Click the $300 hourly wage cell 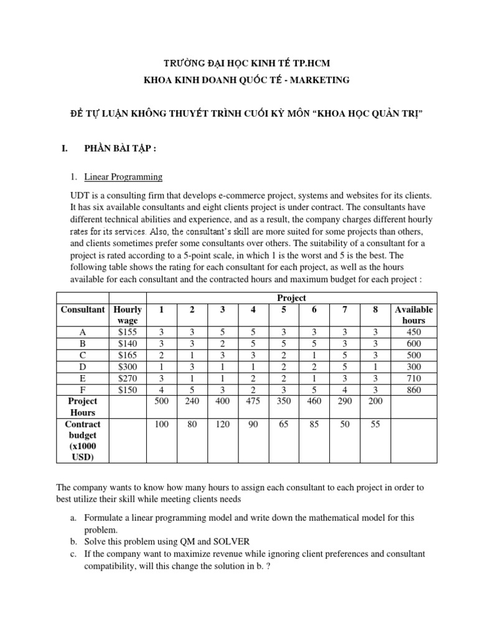click(x=127, y=366)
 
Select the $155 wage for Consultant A click(x=127, y=333)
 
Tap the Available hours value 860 click(x=413, y=390)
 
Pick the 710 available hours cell click(x=413, y=378)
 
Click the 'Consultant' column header click(x=82, y=310)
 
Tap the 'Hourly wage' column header click(x=127, y=315)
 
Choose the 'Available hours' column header click(x=413, y=315)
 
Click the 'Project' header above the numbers click(x=292, y=298)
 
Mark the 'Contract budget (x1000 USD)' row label click(x=82, y=441)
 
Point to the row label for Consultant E click(x=82, y=378)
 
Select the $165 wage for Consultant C click(x=127, y=355)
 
